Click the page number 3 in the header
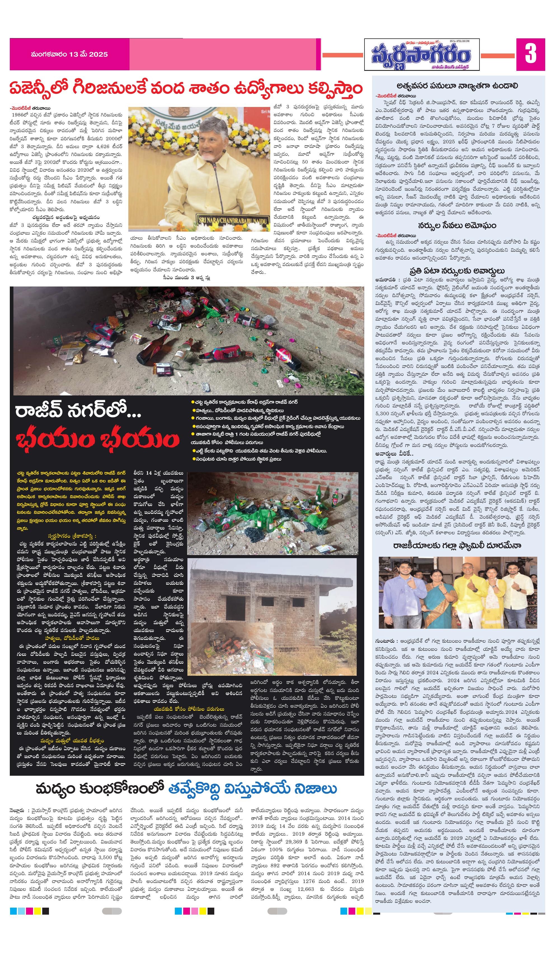530,54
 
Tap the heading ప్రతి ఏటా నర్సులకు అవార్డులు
457,271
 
